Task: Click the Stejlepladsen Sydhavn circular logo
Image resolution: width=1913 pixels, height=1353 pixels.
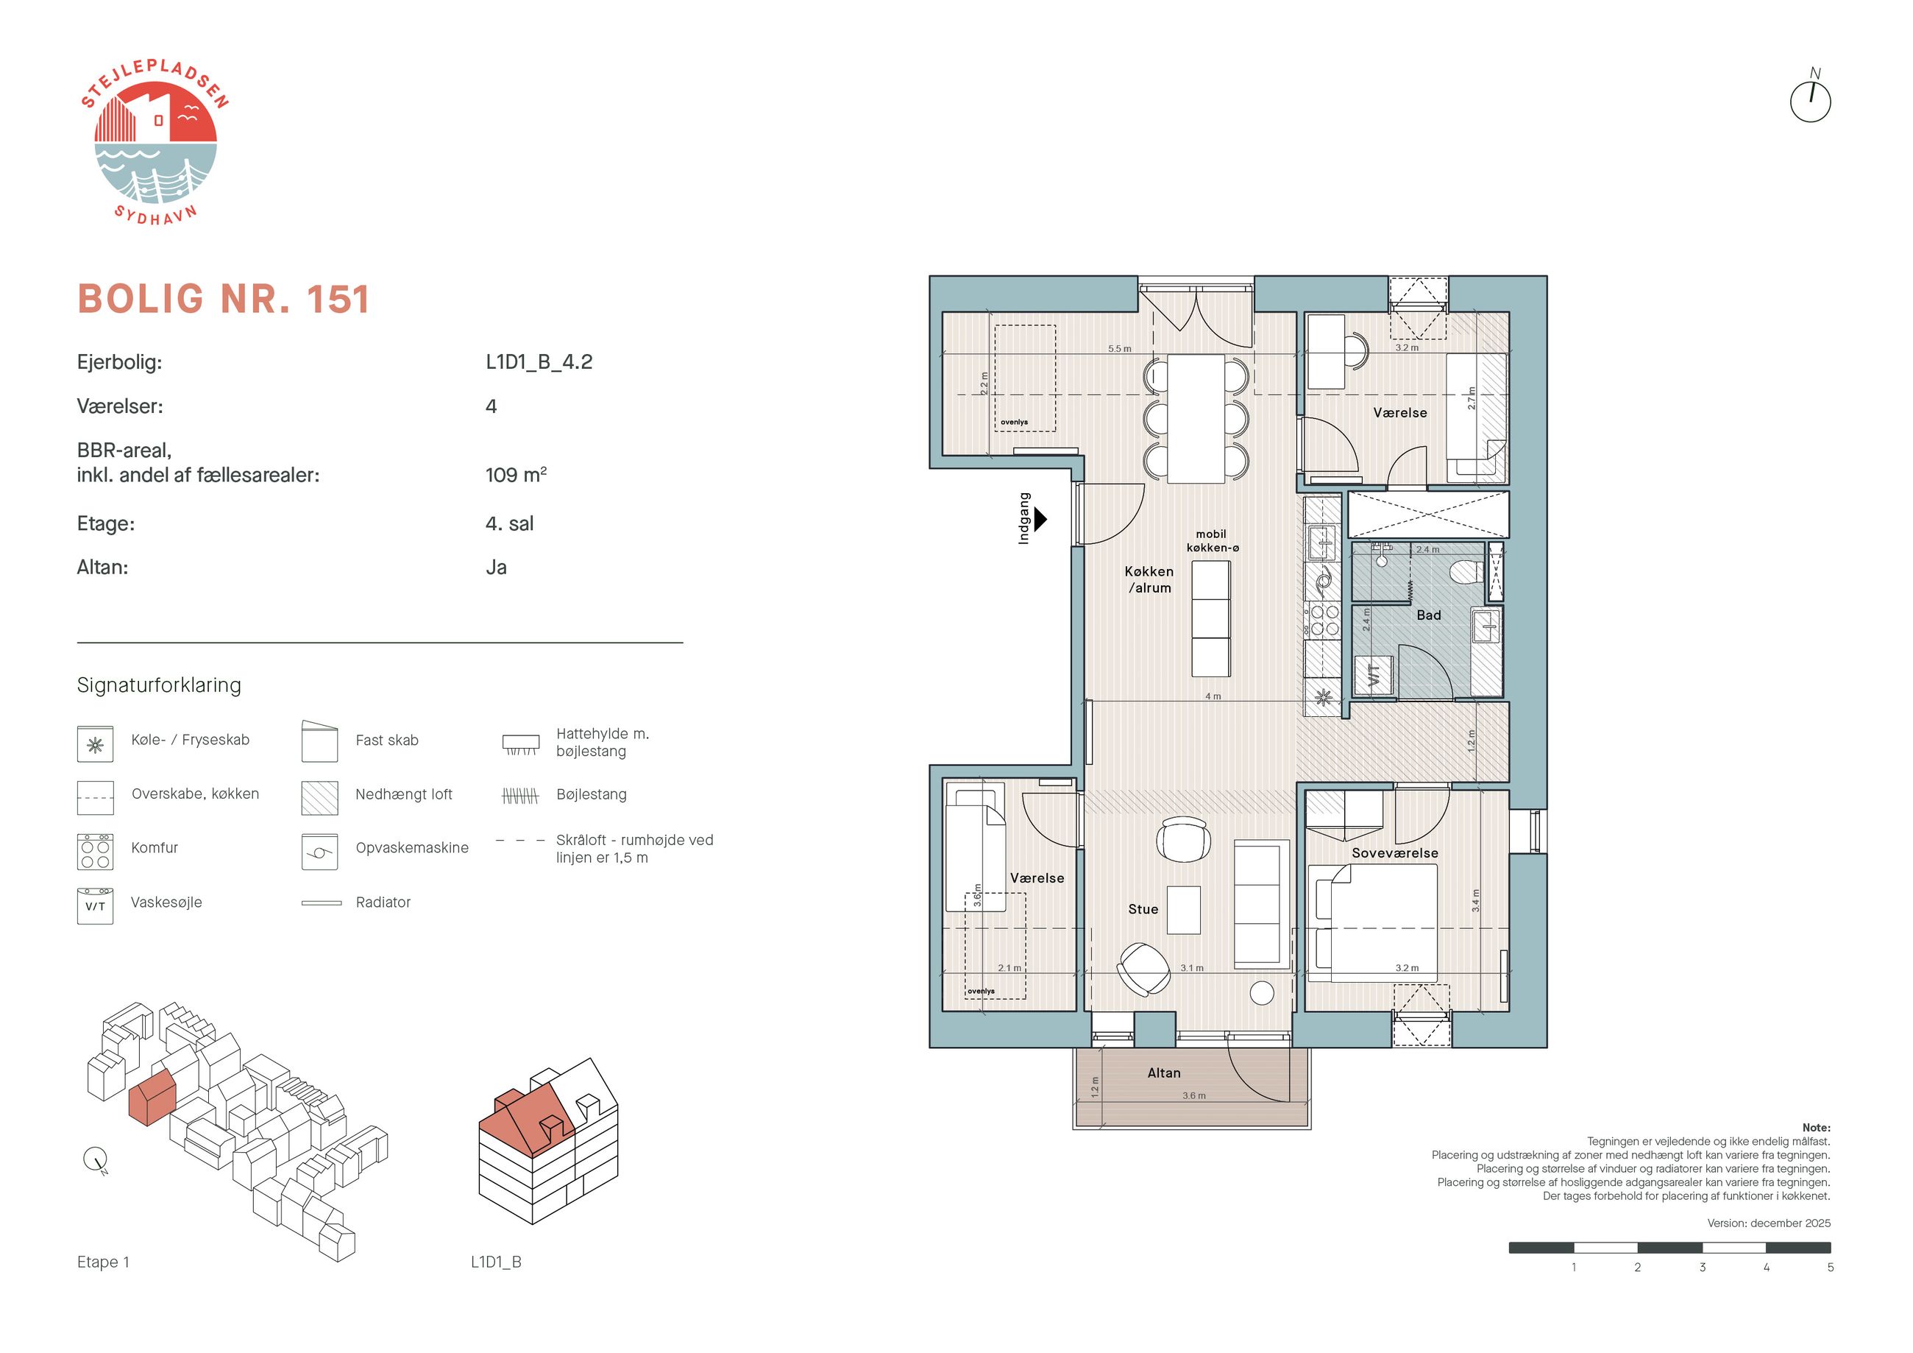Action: (155, 143)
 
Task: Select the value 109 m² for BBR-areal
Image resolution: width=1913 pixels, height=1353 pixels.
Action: (516, 474)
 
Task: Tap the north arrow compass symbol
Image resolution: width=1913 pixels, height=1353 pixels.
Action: (1811, 99)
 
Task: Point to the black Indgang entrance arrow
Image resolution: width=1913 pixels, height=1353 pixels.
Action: (1040, 518)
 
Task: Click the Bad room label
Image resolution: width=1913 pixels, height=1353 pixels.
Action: (1428, 615)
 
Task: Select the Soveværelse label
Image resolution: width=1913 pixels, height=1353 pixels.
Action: (1395, 853)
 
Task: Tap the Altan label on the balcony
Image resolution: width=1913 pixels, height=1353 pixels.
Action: (1163, 1073)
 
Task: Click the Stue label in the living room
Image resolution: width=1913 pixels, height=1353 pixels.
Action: (1143, 910)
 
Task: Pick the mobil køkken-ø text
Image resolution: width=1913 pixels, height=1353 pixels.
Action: (1213, 541)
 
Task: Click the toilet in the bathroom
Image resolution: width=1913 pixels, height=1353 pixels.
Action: (1466, 573)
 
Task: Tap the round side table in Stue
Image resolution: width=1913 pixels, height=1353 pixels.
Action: (1263, 993)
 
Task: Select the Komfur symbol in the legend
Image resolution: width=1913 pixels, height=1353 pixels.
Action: (95, 851)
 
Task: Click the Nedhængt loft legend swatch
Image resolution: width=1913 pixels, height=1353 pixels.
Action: (320, 798)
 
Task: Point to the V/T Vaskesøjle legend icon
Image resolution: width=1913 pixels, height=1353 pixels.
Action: (95, 906)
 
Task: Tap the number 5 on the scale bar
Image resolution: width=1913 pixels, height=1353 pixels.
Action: (1830, 1267)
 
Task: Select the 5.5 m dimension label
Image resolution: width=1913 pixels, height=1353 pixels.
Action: (1119, 348)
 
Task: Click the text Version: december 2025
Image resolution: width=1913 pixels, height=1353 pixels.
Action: (1769, 1223)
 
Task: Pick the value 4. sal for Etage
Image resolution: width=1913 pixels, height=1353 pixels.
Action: (509, 523)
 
